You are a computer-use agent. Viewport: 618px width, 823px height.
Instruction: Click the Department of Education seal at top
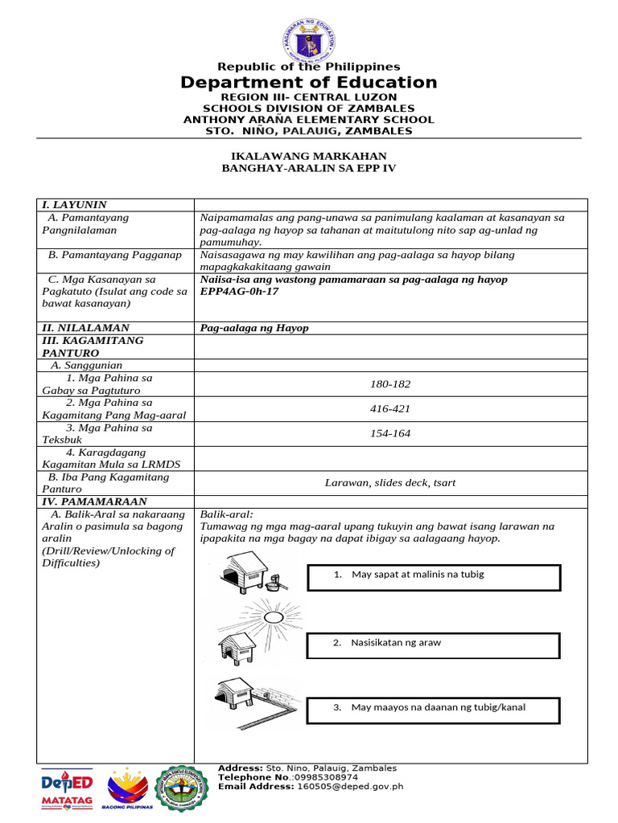pyautogui.click(x=308, y=41)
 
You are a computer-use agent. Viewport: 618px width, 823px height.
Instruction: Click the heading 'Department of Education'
pyautogui.click(x=308, y=83)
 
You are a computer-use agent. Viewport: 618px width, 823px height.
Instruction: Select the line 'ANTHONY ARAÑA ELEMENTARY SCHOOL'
pyautogui.click(x=308, y=120)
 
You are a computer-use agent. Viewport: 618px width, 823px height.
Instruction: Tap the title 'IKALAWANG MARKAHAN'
pyautogui.click(x=309, y=156)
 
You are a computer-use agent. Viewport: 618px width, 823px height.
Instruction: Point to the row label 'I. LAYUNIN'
pyautogui.click(x=75, y=205)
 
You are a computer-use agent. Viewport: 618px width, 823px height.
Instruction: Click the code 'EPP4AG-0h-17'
pyautogui.click(x=239, y=291)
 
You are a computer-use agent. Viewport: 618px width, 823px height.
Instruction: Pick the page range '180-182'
pyautogui.click(x=390, y=384)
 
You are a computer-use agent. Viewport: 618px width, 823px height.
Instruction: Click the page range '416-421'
pyautogui.click(x=390, y=409)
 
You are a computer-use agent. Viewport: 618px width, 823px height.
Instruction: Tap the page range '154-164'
pyautogui.click(x=390, y=434)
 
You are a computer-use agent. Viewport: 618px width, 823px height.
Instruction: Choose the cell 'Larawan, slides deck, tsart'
pyautogui.click(x=390, y=482)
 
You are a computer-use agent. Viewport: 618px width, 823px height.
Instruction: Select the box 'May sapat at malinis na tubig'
pyautogui.click(x=434, y=577)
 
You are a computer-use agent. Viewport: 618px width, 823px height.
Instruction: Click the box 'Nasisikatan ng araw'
pyautogui.click(x=434, y=645)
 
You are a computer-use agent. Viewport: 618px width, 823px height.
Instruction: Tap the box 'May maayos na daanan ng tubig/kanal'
pyautogui.click(x=434, y=709)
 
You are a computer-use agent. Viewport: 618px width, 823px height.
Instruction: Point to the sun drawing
pyautogui.click(x=277, y=617)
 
